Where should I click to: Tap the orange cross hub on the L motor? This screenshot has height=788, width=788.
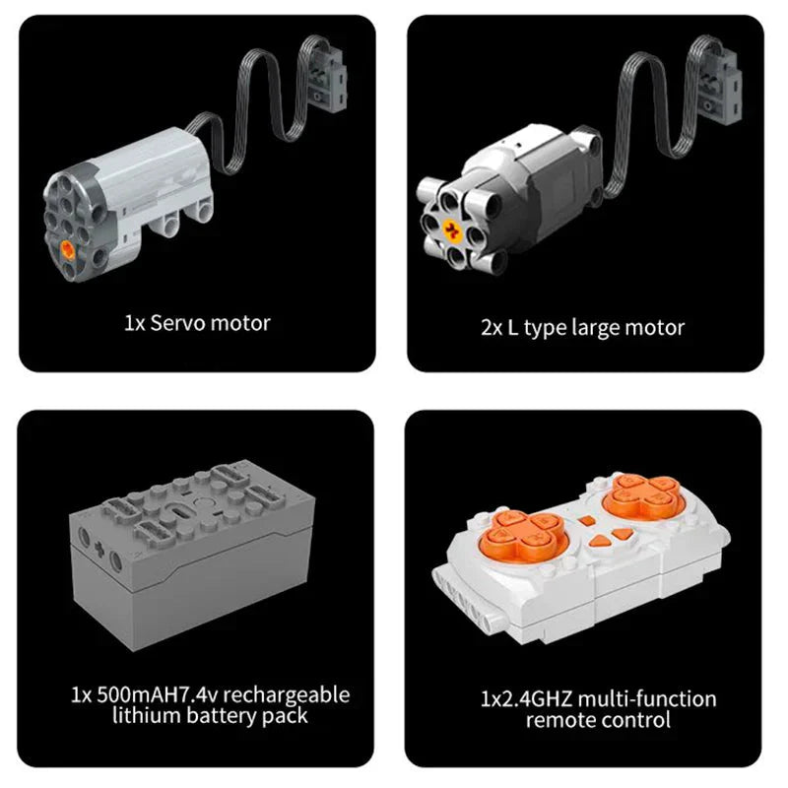tap(453, 231)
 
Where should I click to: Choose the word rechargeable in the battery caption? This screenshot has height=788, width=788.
tap(288, 694)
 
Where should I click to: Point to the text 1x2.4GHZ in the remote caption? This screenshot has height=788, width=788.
tap(526, 699)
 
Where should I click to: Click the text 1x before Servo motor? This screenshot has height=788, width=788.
tap(135, 322)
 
